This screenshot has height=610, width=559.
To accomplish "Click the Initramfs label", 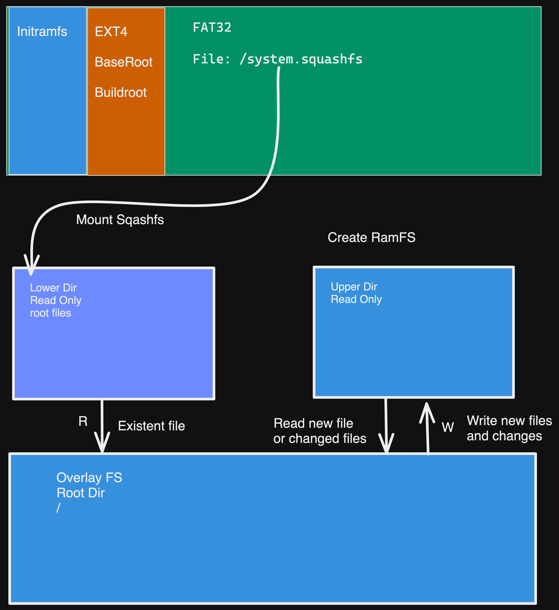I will [42, 32].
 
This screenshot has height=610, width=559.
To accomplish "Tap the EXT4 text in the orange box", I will [111, 32].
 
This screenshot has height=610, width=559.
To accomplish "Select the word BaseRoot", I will [123, 62].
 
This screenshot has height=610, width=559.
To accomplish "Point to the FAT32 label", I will [212, 28].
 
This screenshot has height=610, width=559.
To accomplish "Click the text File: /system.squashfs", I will [277, 59].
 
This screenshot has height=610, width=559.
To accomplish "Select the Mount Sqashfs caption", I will [120, 220].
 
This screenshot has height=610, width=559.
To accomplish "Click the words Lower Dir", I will [53, 287].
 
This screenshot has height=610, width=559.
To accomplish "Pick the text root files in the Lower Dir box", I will [51, 313].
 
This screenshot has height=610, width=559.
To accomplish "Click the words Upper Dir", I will [354, 287].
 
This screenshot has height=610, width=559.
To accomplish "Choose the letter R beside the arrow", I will [83, 421].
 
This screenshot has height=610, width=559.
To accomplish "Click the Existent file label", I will [151, 426].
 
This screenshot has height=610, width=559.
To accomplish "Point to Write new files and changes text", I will [509, 428].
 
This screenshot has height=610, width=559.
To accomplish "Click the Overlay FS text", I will [89, 478].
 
